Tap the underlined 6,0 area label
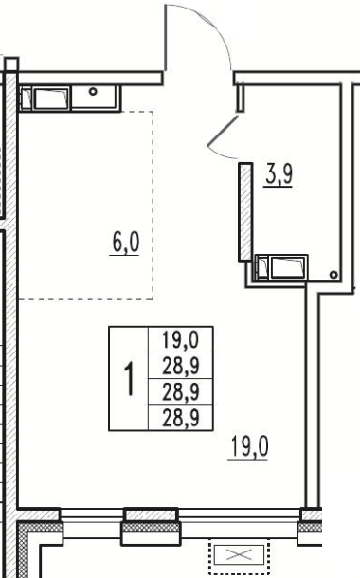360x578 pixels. pyautogui.click(x=125, y=243)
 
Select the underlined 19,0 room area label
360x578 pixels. pyautogui.click(x=249, y=446)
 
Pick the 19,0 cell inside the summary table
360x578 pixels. pyautogui.click(x=180, y=339)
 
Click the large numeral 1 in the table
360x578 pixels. pyautogui.click(x=129, y=379)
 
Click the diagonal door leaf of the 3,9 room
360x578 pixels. pyautogui.click(x=223, y=131)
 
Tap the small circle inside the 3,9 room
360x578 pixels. pyautogui.click(x=333, y=274)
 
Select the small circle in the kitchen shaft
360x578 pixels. pyautogui.click(x=93, y=91)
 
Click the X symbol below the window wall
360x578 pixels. pyautogui.click(x=239, y=554)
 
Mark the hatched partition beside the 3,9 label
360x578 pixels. pyautogui.click(x=245, y=212)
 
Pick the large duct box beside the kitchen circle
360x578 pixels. pyautogui.click(x=51, y=99)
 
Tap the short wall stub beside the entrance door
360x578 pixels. pyautogui.click(x=240, y=98)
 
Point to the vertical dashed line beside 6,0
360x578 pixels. pyautogui.click(x=153, y=206)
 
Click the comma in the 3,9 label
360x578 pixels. pyautogui.click(x=279, y=183)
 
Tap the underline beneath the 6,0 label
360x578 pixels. pyautogui.click(x=124, y=254)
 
